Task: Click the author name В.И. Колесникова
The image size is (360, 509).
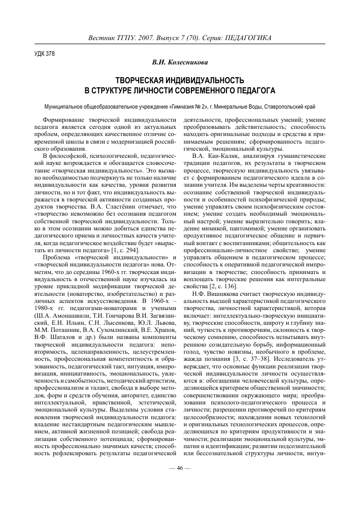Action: coord(180,62)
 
